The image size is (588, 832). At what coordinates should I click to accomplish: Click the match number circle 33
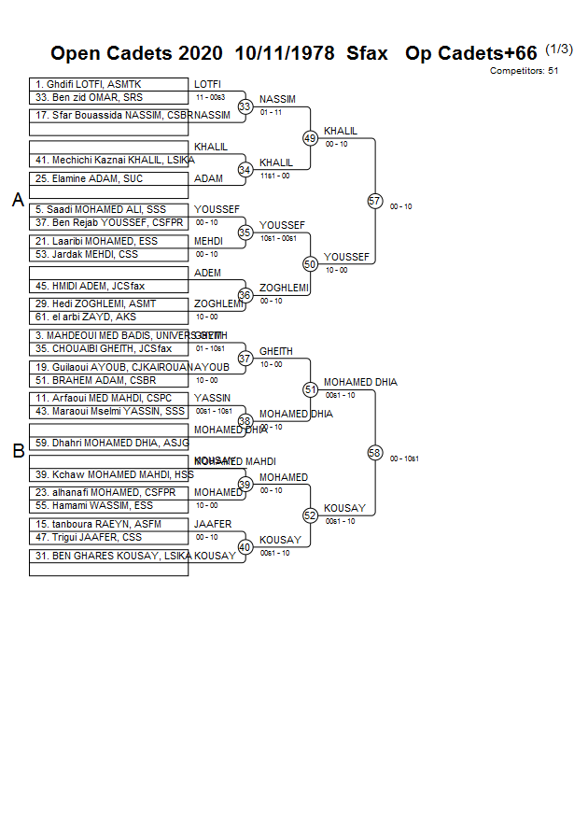245,106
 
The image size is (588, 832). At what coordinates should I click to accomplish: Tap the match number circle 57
375,201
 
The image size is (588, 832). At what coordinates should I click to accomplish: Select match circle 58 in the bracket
375,453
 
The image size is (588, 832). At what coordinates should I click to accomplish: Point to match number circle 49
311,138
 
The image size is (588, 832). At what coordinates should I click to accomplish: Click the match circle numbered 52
311,515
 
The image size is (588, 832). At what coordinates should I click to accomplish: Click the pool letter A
18,200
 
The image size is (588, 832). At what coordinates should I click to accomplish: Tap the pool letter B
18,451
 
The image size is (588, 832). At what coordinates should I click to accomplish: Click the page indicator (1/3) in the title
559,49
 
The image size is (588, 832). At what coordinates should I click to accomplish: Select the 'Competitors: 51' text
524,70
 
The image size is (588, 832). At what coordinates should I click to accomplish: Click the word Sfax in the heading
367,53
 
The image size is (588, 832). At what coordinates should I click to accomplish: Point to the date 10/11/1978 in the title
285,53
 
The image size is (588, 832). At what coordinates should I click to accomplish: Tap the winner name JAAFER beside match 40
213,525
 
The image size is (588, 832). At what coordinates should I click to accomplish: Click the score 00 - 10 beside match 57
401,206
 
